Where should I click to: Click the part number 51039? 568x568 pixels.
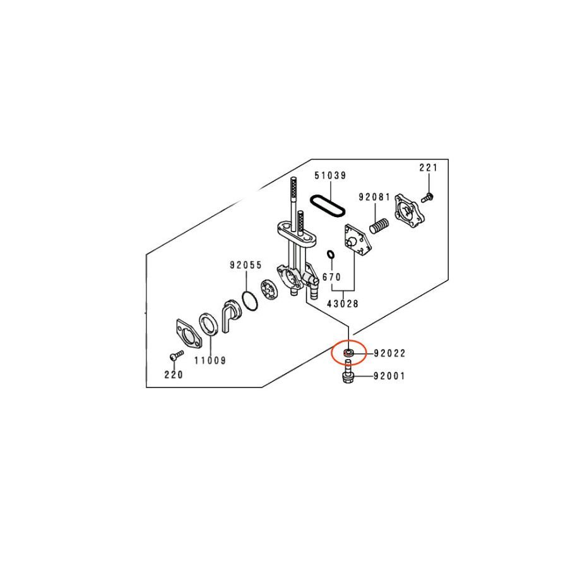coord(330,175)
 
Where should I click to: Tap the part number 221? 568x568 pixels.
coord(429,168)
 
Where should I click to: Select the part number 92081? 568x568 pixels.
coord(374,198)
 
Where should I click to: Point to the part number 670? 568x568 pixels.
coord(332,277)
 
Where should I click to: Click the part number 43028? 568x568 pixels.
coord(343,304)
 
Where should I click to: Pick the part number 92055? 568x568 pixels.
coord(246,265)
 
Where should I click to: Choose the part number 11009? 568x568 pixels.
coord(210,360)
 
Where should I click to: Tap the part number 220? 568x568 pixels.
coord(174,374)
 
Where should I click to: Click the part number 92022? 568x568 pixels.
coord(390,353)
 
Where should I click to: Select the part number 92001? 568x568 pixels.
coord(390,376)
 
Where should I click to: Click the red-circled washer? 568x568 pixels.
coord(348,353)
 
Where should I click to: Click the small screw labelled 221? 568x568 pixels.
coord(427,198)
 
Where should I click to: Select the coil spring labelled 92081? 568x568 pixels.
coord(379,226)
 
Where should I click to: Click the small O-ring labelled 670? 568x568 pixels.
coord(330,254)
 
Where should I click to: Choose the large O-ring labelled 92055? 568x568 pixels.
coord(249,300)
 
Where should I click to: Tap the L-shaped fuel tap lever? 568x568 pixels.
coord(230,316)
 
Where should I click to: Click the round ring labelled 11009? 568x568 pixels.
coord(209,324)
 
